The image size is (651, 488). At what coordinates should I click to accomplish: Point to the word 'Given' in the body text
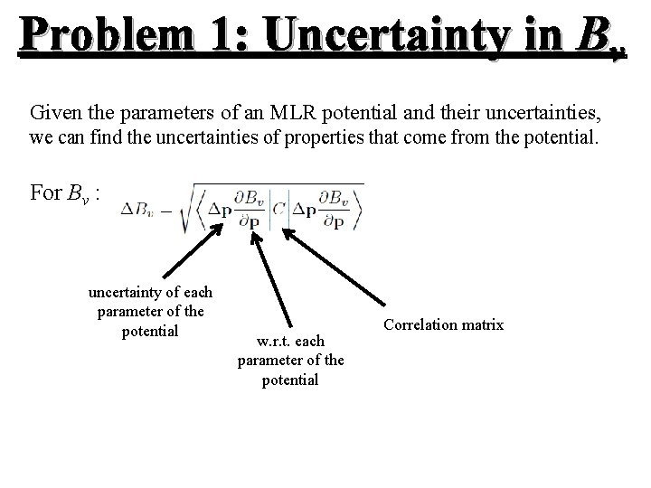coord(52,115)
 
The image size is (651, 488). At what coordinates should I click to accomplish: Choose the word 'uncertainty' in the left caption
coord(122,292)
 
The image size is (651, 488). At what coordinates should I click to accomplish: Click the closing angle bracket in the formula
coord(360,209)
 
